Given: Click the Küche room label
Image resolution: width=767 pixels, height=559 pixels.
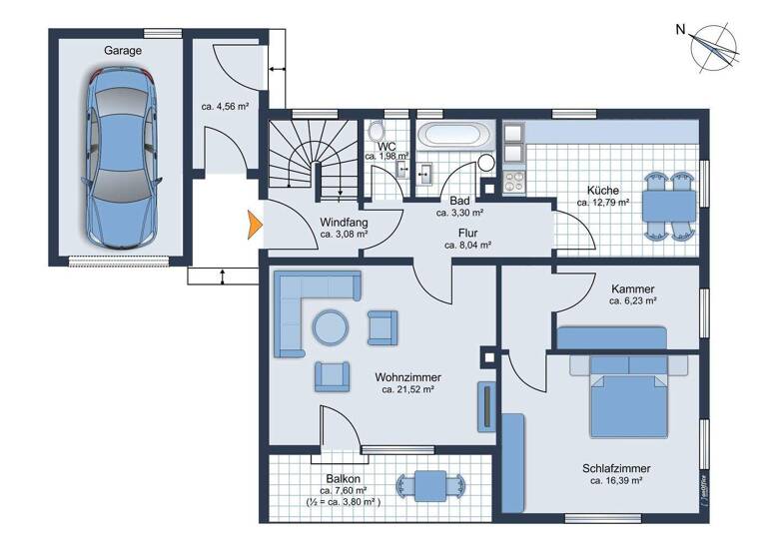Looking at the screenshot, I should click(x=602, y=190).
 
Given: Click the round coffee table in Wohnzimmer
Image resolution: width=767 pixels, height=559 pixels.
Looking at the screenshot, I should click(x=331, y=326).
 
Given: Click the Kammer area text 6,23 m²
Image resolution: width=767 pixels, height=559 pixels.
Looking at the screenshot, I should click(x=632, y=299).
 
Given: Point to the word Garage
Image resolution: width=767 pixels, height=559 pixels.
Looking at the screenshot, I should click(x=123, y=50).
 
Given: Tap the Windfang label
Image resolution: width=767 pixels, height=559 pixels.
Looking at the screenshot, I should click(x=344, y=223).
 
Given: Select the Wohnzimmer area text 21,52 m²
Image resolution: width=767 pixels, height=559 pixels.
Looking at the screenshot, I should click(x=407, y=390).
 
